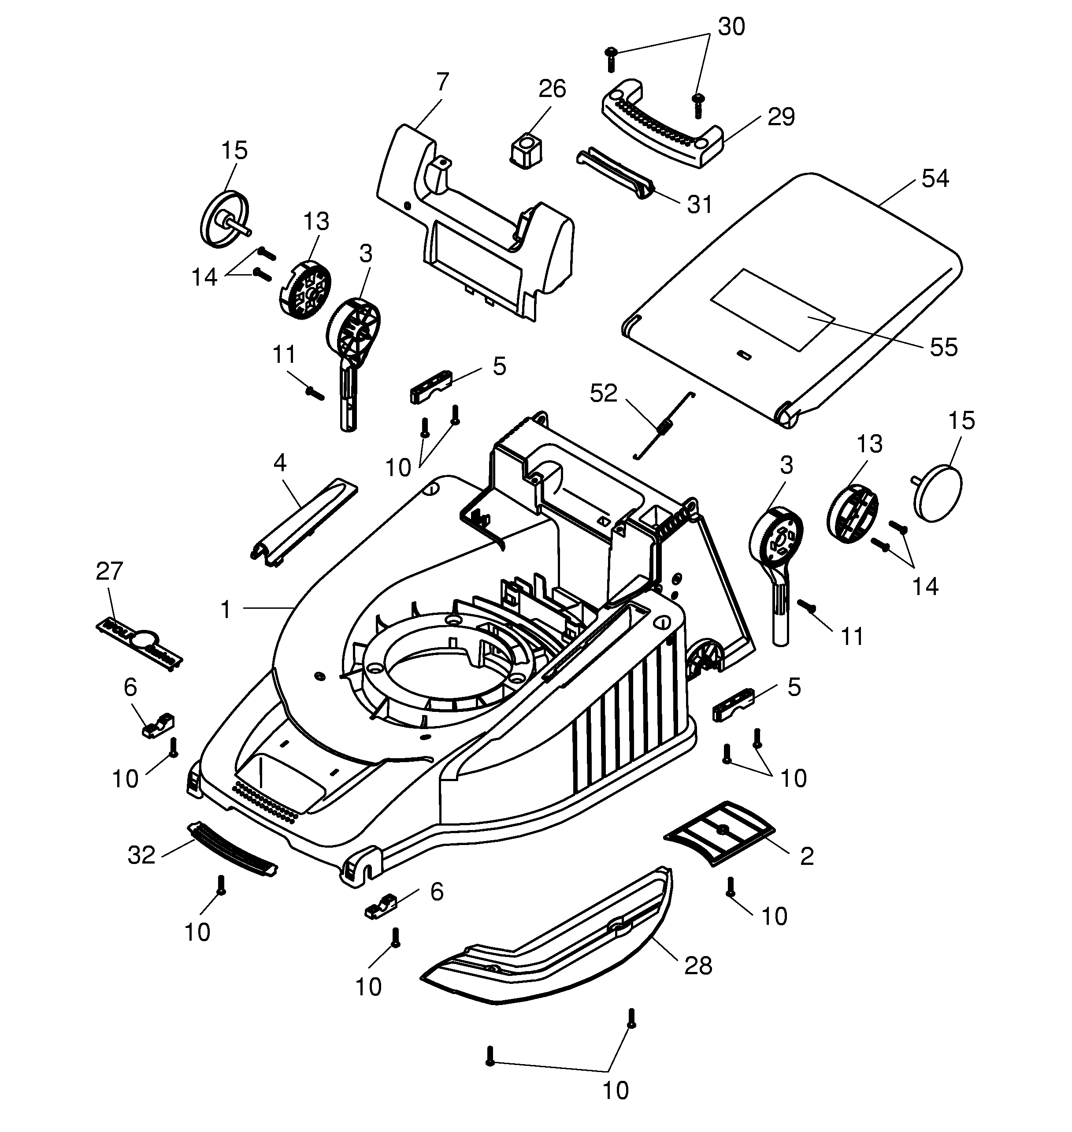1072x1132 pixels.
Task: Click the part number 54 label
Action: point(935,179)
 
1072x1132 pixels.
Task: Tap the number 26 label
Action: point(552,89)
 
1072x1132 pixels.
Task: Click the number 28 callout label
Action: point(698,966)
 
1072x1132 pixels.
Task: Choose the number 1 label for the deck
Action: point(226,610)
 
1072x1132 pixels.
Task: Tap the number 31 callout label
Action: point(699,205)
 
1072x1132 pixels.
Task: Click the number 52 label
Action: point(604,393)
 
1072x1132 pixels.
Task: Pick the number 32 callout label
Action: point(141,855)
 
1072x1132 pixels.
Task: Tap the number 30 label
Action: point(731,27)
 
